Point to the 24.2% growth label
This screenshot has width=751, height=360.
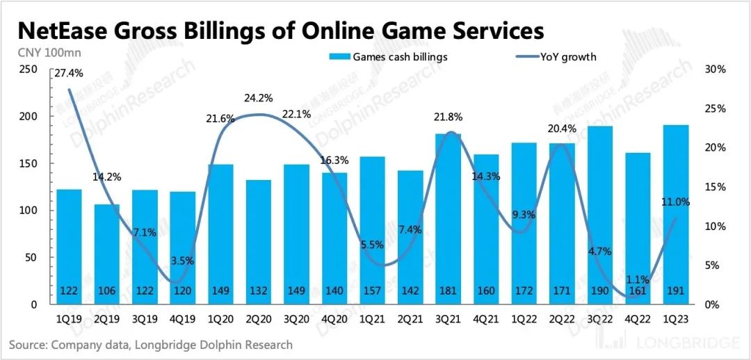pos(258,99)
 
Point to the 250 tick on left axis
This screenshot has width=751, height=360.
pos(28,69)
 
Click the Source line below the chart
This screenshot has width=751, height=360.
pos(151,345)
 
